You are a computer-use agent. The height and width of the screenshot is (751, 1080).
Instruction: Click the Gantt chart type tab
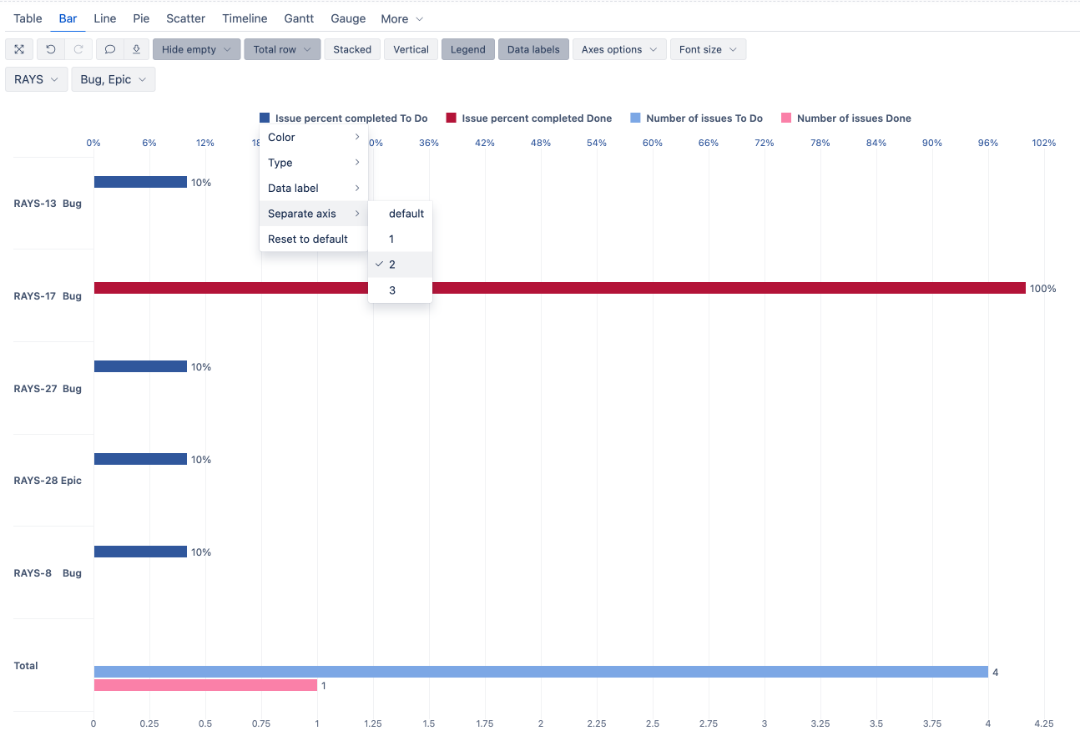click(299, 19)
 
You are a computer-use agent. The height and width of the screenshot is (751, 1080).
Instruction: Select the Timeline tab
click(245, 19)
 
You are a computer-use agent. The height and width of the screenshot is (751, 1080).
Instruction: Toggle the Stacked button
click(352, 49)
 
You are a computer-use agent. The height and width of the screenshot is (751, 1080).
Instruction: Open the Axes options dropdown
click(619, 49)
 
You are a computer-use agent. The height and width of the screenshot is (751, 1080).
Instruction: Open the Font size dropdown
click(708, 49)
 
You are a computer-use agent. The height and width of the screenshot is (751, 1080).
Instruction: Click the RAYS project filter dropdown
click(36, 79)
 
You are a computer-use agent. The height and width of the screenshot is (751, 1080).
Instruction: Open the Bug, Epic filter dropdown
click(114, 79)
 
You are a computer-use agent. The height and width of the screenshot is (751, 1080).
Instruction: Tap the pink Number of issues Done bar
click(205, 685)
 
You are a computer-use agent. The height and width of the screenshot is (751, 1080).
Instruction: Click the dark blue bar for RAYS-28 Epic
click(140, 459)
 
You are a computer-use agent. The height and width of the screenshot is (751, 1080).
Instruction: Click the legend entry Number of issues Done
click(845, 118)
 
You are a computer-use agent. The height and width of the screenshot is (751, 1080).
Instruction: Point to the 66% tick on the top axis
click(709, 143)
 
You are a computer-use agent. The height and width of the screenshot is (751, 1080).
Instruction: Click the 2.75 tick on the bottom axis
click(709, 723)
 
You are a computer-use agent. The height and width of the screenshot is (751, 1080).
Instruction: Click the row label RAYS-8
click(33, 573)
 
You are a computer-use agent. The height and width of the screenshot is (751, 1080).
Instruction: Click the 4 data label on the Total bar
click(995, 672)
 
